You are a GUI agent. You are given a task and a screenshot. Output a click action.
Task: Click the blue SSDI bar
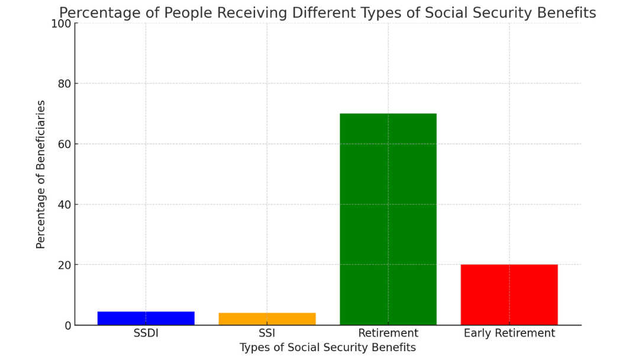tap(146, 318)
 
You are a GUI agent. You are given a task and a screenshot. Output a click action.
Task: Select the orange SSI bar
tap(267, 319)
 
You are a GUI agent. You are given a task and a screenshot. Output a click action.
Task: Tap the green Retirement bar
tap(388, 219)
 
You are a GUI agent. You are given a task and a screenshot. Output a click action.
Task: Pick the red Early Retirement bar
tap(509, 294)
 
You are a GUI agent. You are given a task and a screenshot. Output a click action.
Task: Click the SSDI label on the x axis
tap(146, 333)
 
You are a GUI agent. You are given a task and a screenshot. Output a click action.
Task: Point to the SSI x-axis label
tap(267, 333)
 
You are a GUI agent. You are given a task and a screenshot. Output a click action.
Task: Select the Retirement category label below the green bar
tap(388, 333)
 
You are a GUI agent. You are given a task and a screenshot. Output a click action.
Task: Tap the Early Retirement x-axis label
tap(509, 333)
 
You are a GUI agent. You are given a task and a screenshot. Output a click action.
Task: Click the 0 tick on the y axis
tap(67, 325)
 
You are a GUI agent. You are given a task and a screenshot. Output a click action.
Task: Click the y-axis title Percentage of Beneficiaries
tap(41, 174)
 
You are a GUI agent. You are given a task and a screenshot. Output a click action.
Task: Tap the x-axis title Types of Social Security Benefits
tap(327, 348)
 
